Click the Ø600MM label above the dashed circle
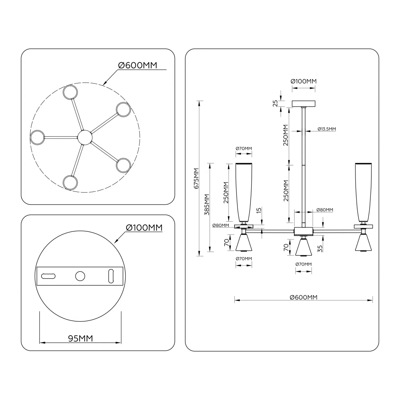coord(138,65)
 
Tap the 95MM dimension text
coord(81,338)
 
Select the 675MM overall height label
coord(196,178)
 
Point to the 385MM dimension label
coord(207,204)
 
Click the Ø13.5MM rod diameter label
coord(327,129)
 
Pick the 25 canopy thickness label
coord(275,103)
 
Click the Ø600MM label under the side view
coord(303,297)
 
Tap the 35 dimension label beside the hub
coord(320,249)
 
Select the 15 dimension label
coord(259,210)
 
